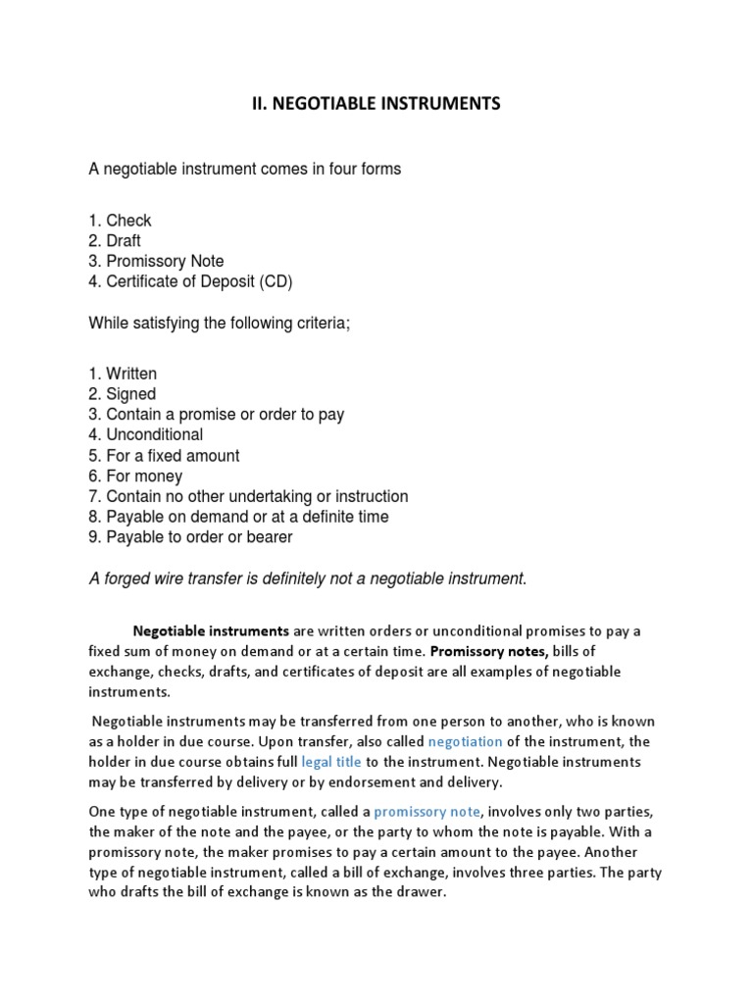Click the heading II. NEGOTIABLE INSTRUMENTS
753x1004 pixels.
point(376,104)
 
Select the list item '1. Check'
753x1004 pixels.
point(121,221)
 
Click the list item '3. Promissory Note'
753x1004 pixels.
point(156,262)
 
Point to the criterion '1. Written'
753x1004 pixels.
point(123,374)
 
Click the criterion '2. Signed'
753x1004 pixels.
point(123,394)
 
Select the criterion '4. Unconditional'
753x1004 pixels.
point(146,434)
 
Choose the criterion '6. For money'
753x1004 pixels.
point(136,477)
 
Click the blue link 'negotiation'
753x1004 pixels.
point(467,741)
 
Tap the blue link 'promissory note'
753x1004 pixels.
point(427,812)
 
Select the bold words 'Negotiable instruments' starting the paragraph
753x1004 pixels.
point(211,630)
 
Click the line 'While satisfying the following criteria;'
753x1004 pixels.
point(220,323)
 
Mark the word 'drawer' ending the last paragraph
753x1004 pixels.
point(422,893)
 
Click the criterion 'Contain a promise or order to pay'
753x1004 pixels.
point(225,415)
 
